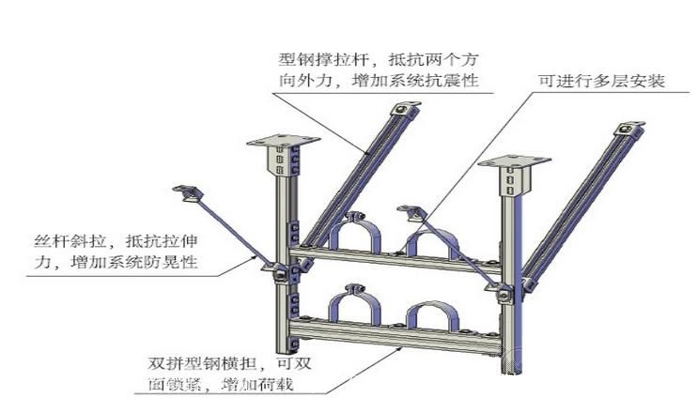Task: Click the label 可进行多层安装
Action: click(601, 81)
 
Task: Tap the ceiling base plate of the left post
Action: click(283, 141)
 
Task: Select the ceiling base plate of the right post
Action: click(515, 161)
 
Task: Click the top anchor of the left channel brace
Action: click(405, 109)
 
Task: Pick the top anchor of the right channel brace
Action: click(629, 129)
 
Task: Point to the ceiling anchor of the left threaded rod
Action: click(188, 193)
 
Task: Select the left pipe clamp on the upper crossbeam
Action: click(354, 233)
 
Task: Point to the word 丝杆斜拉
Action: click(70, 241)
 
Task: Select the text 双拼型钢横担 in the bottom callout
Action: click(203, 363)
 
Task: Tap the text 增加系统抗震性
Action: click(415, 81)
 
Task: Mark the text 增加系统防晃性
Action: click(134, 262)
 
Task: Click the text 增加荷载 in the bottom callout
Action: click(257, 384)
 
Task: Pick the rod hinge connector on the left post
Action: click(277, 272)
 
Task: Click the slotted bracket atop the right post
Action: click(515, 180)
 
